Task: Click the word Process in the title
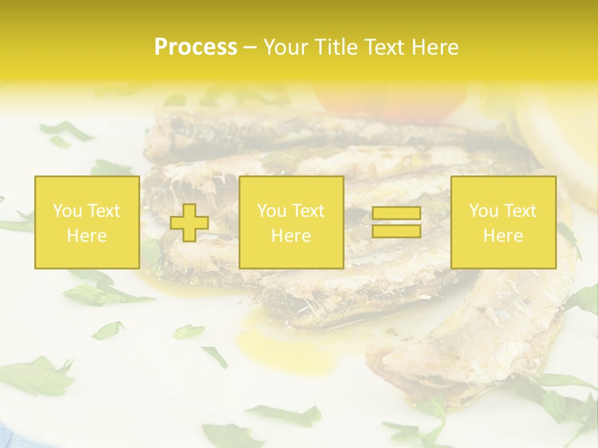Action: tap(196, 47)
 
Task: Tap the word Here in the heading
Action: tap(433, 47)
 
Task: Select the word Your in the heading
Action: tap(285, 47)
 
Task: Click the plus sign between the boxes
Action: tap(189, 223)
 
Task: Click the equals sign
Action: tap(396, 223)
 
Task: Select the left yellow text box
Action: tap(87, 223)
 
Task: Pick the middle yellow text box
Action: tap(291, 223)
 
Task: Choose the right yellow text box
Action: tap(503, 223)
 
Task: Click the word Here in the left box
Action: tap(87, 236)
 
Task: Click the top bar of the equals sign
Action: tap(396, 214)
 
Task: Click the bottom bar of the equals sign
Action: tap(396, 231)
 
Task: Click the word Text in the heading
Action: tap(384, 47)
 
